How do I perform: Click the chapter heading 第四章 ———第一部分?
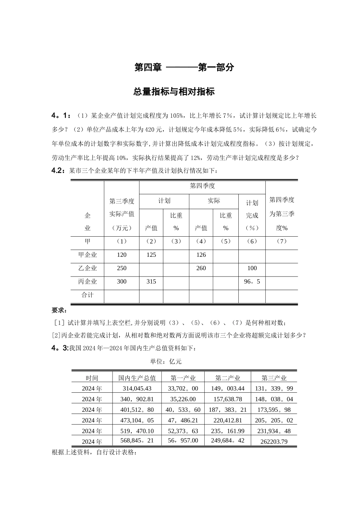(x=184, y=67)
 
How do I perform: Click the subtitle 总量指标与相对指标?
(x=174, y=92)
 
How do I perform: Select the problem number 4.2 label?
(x=59, y=171)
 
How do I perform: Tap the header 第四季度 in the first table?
(x=202, y=186)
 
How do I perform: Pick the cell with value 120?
(x=122, y=255)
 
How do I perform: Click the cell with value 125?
(x=151, y=255)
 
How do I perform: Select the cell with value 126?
(x=201, y=255)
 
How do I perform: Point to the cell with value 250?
(x=122, y=268)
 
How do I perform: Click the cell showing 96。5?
(x=252, y=282)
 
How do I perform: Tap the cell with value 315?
(x=151, y=282)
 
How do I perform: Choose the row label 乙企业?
(x=88, y=268)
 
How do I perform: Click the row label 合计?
(x=88, y=295)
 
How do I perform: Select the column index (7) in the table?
(x=282, y=241)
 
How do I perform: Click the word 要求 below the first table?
(x=59, y=311)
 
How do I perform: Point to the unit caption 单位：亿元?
(x=166, y=361)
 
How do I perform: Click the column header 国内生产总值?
(x=137, y=378)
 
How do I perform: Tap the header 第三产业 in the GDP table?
(x=274, y=378)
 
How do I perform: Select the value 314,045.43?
(x=137, y=388)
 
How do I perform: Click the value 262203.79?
(x=274, y=441)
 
